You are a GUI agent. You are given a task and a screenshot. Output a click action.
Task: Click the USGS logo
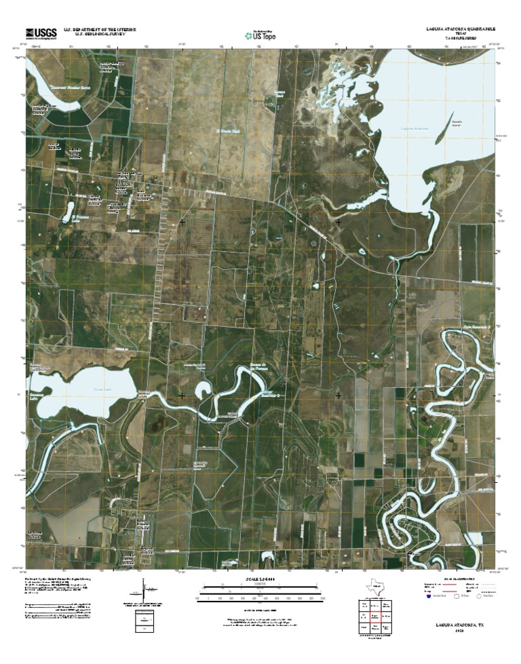point(42,33)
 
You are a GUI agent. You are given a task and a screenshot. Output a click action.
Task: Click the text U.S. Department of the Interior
point(100,30)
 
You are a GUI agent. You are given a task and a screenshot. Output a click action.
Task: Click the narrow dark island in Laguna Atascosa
point(442,133)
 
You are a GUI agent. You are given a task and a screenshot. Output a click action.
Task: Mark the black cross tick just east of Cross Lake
point(182,395)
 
